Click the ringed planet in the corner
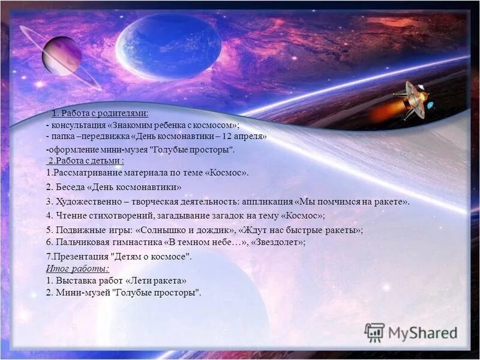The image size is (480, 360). click(61, 56)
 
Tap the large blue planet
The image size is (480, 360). click(161, 47)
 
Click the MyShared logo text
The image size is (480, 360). click(422, 333)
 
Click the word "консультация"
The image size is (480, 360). click(77, 125)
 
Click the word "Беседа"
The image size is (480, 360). click(74, 187)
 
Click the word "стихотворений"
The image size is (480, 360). click(118, 215)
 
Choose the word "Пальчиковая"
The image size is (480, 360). click(85, 242)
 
